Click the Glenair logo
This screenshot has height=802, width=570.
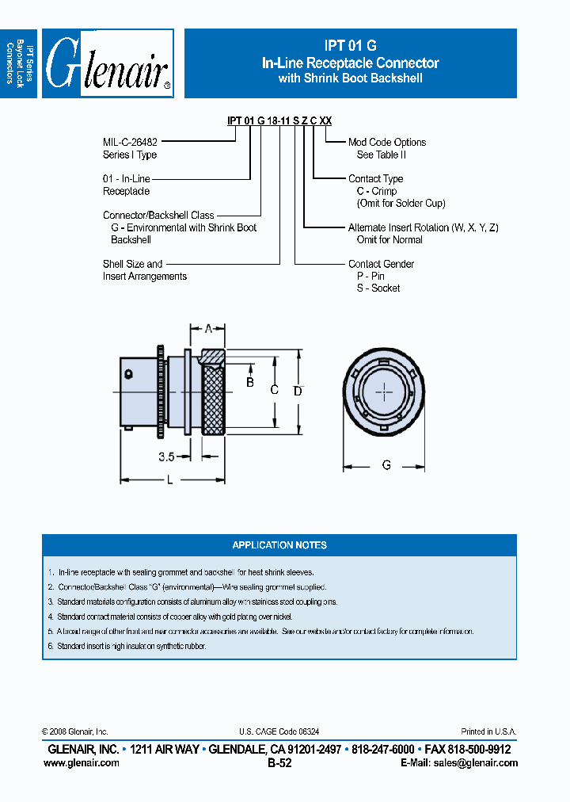108,64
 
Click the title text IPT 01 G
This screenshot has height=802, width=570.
350,47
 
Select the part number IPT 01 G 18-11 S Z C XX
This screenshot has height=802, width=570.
279,120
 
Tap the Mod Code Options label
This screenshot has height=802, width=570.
387,143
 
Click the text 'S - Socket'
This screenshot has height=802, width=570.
378,288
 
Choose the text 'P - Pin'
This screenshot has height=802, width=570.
370,276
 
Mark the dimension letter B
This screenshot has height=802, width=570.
249,383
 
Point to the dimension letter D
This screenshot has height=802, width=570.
298,391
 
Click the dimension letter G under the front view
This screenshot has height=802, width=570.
386,465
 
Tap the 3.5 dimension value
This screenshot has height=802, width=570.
166,456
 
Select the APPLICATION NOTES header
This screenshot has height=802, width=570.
279,545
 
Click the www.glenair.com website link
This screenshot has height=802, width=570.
82,763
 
